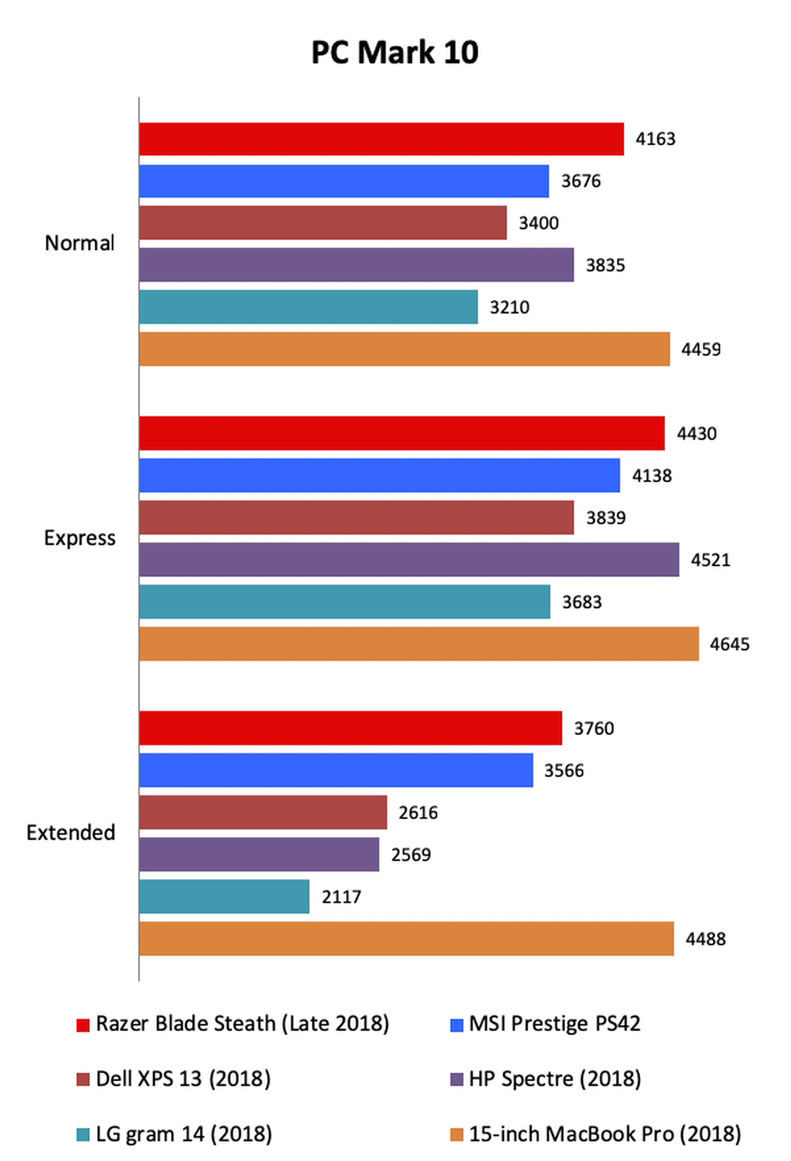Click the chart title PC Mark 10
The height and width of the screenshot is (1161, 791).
point(395,52)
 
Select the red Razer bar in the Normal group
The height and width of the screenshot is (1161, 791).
point(381,139)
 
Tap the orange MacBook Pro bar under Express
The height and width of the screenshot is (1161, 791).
point(419,644)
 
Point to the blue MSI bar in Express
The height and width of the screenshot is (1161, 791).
point(379,475)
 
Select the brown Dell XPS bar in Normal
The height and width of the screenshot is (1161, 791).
point(323,223)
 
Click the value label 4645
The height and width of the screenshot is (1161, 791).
point(729,644)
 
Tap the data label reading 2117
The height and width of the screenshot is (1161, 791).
point(341,897)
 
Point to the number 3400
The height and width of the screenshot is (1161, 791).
point(538,223)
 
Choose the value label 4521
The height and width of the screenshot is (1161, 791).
point(710,560)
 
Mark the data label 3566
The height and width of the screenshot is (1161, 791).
point(563,770)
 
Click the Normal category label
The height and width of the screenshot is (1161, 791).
point(80,243)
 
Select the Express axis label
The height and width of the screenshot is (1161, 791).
point(80,538)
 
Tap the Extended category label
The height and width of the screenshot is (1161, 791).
point(70,833)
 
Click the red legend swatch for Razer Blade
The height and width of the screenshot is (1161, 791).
point(83,1025)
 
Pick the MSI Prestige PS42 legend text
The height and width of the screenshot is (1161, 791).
point(554,1024)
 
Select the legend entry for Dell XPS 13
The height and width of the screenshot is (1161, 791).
point(183,1079)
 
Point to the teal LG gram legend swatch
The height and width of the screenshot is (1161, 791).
point(83,1135)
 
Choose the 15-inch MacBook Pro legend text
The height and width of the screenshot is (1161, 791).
point(605,1134)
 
